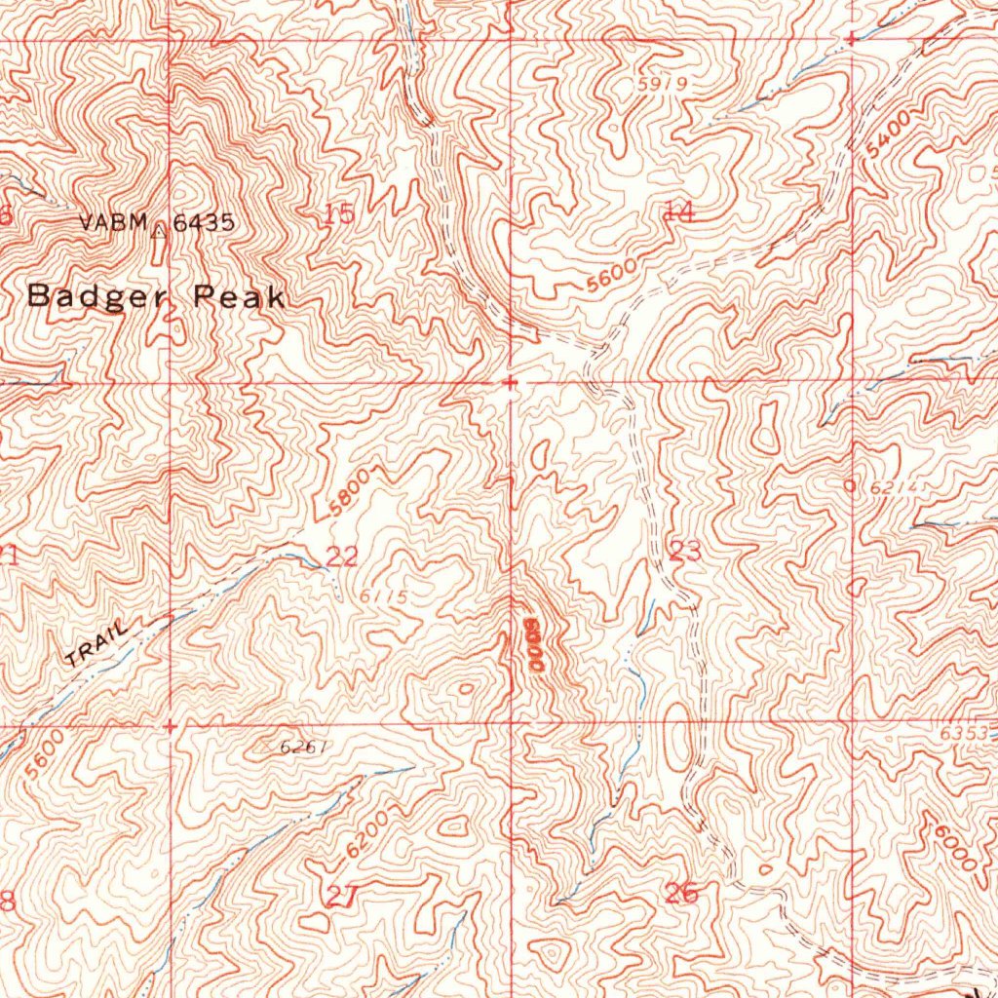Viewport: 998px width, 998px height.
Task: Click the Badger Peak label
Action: [x=156, y=296]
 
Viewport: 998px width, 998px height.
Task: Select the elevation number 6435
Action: [x=204, y=222]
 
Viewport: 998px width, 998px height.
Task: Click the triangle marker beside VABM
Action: [x=159, y=230]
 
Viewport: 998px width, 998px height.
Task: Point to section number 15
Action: [x=338, y=214]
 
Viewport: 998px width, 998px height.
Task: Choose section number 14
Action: [x=678, y=211]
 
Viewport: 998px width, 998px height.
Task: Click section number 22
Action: [x=342, y=557]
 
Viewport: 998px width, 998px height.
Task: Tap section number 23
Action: [x=685, y=552]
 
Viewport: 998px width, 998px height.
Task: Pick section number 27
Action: [x=337, y=898]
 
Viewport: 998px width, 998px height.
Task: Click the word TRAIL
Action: [x=97, y=644]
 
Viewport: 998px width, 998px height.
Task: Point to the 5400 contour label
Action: [x=890, y=134]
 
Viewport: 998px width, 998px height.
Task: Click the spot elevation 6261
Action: [x=300, y=748]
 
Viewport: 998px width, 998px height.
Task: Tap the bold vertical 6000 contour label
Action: [x=532, y=644]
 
